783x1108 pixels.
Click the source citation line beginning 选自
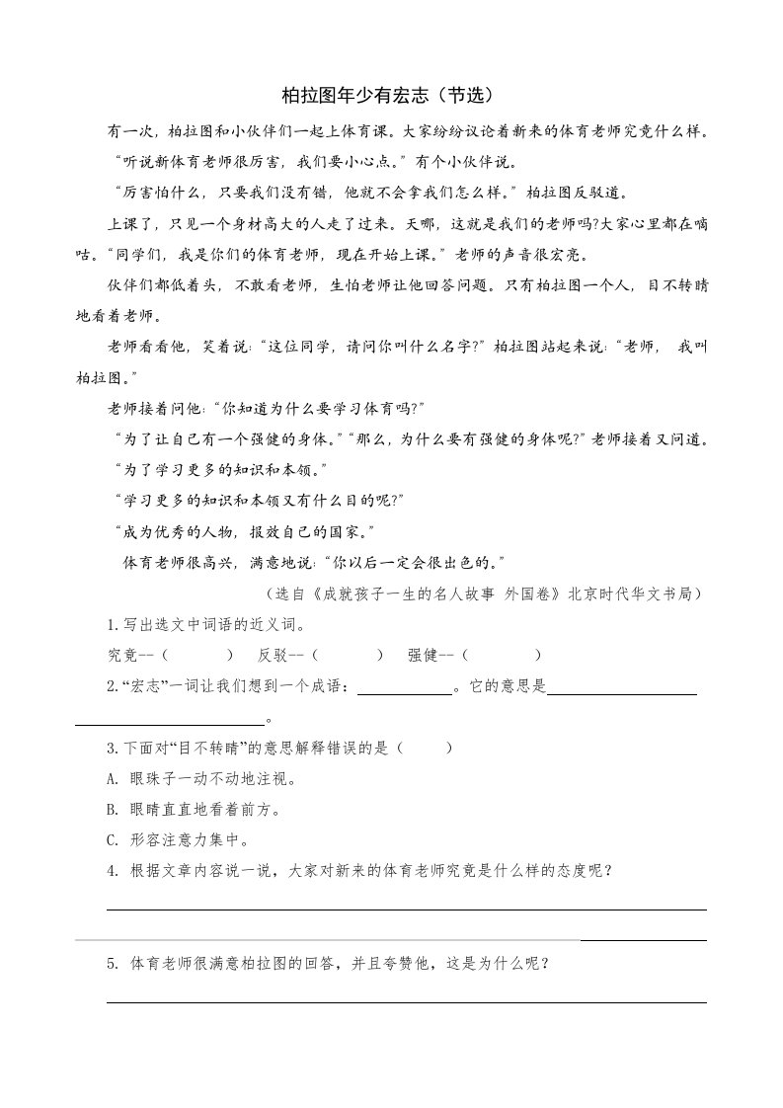click(x=484, y=594)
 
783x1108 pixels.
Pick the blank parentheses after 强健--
click(x=503, y=655)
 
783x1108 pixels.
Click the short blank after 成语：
click(x=404, y=692)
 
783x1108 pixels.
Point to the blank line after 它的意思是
click(x=622, y=692)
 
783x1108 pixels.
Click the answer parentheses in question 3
click(x=427, y=748)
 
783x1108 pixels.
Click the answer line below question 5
click(x=406, y=1001)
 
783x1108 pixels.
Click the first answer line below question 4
click(x=406, y=909)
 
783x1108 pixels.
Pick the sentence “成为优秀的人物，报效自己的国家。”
click(x=244, y=531)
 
